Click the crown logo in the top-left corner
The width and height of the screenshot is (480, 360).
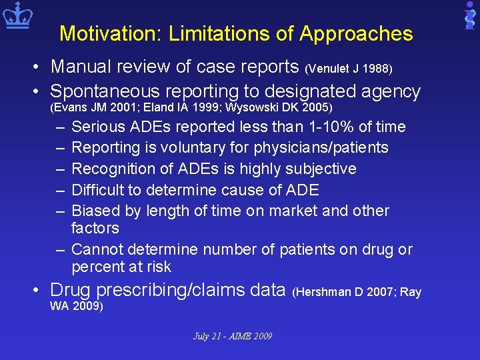click(x=17, y=17)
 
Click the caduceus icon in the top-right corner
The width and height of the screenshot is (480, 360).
click(x=469, y=15)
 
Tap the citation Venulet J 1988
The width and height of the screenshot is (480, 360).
click(x=349, y=69)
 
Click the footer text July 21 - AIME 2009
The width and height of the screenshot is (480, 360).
click(x=232, y=336)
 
